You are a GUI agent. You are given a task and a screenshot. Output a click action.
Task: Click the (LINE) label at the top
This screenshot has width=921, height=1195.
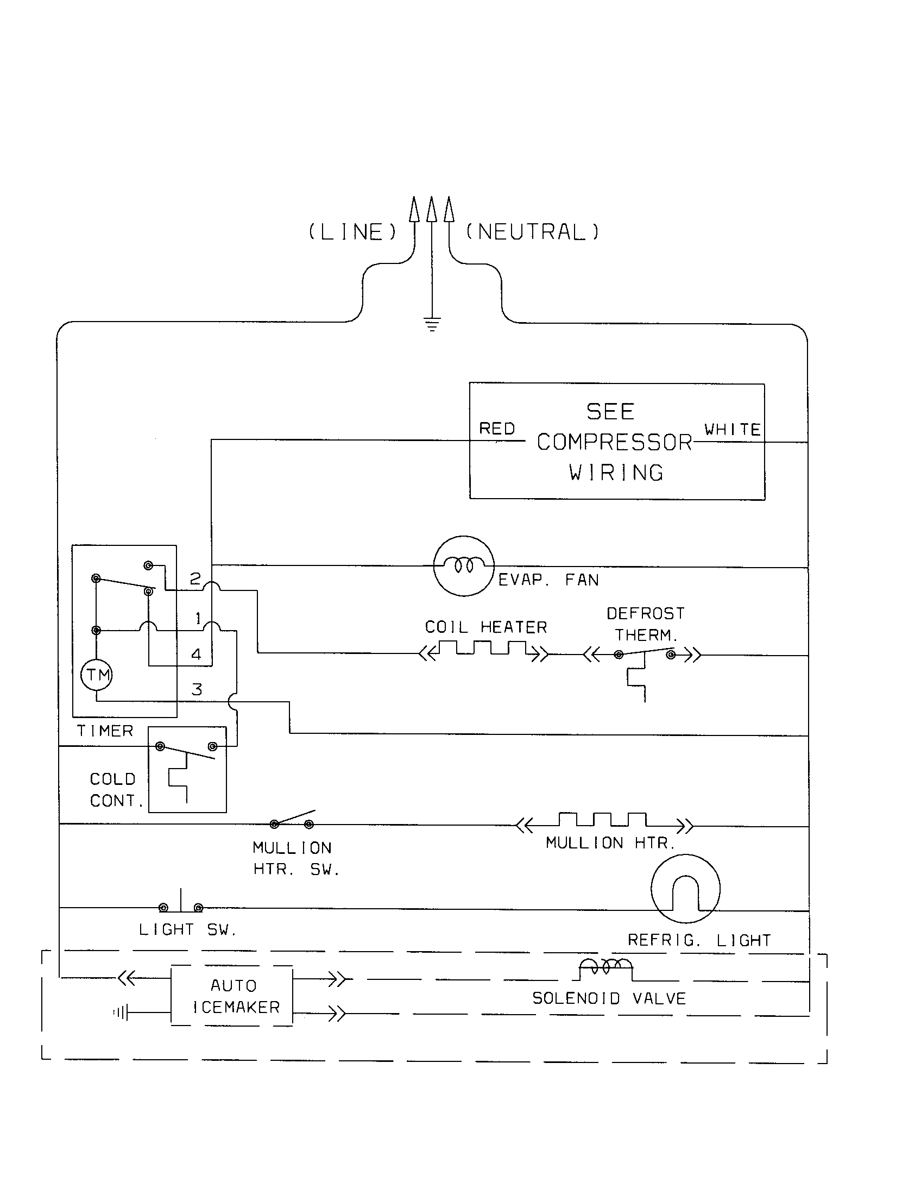coord(353,232)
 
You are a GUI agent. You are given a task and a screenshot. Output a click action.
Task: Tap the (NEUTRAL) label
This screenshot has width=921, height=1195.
coord(532,232)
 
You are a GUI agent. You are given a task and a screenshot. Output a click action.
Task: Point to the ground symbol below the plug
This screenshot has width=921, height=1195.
coord(432,325)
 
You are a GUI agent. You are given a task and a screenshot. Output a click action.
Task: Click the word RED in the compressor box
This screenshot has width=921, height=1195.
coord(496,429)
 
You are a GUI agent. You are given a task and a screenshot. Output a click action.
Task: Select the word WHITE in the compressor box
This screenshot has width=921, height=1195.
coord(732,430)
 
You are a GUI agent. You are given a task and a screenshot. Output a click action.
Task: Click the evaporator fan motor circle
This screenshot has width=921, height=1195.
coord(464,566)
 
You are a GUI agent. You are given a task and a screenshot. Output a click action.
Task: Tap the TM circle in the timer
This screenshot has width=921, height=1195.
coord(97,675)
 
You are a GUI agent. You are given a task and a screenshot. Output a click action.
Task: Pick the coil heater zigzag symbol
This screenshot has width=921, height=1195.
coord(483,650)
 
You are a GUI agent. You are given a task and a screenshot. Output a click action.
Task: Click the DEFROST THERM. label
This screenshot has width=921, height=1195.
coord(645,624)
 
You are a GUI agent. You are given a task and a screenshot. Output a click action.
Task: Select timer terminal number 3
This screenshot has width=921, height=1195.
coord(197,689)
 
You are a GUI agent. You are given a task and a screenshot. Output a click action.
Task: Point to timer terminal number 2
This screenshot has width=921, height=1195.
coord(195,578)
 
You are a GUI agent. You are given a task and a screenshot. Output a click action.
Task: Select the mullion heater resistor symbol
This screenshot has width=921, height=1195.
coord(603,821)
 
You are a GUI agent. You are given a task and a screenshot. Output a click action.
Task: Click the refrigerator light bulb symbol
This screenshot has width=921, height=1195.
coord(685,889)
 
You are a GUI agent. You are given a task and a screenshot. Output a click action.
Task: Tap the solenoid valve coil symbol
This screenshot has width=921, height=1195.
coord(606,968)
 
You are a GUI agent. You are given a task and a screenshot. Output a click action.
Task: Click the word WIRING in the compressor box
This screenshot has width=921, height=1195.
coord(616,473)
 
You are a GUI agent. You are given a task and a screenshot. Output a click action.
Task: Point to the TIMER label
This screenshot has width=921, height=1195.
coord(105,731)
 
